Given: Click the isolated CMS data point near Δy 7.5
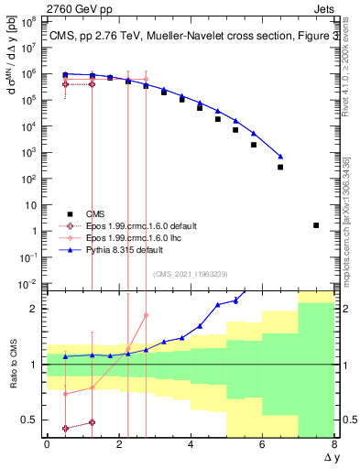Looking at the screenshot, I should tap(316, 224).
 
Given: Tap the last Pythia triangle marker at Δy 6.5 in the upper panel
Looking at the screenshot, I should tap(280, 157).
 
